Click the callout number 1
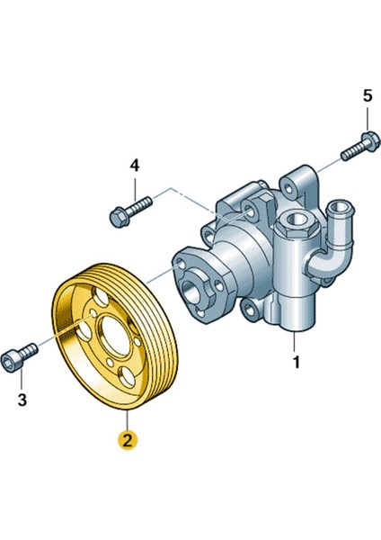coord(296,362)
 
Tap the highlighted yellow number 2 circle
coord(128,440)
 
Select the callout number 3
coord(22,400)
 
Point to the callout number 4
coord(135,166)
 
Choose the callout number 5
coord(368,95)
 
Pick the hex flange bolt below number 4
coord(130,211)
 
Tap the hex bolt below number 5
coord(360,147)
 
